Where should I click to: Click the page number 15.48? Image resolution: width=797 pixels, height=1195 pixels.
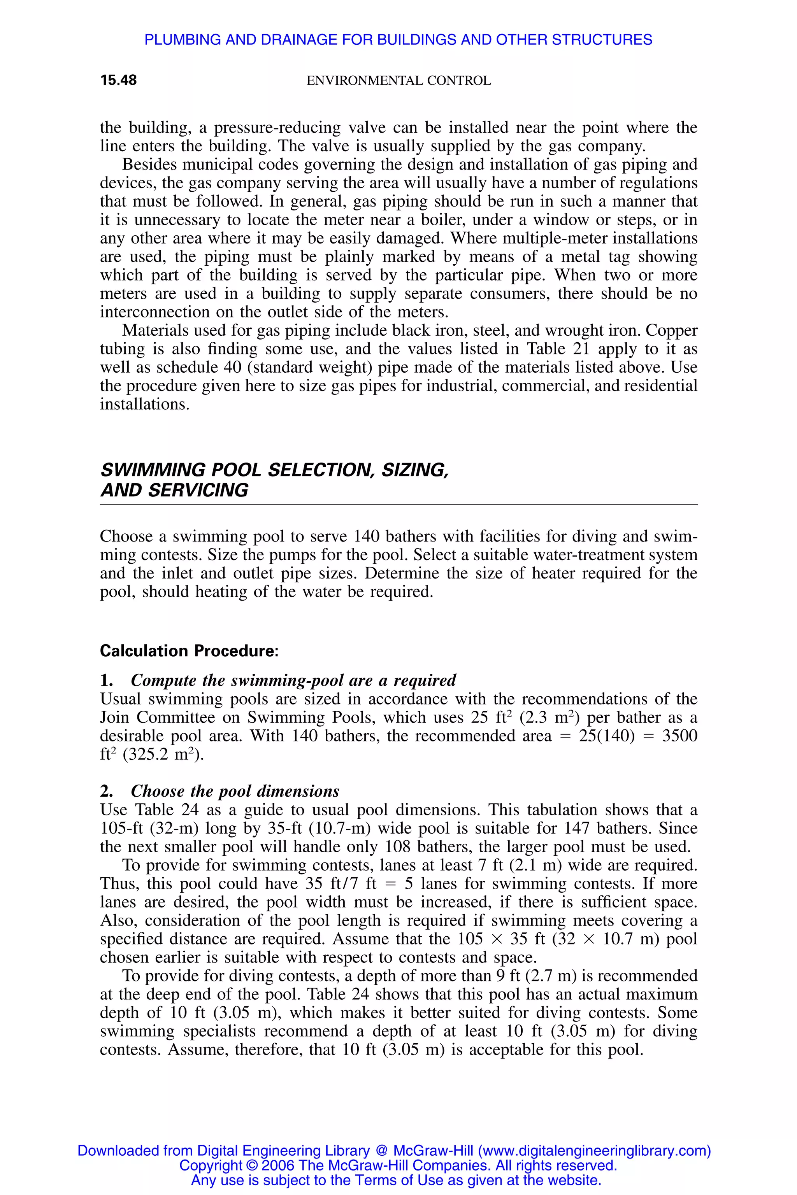(x=118, y=80)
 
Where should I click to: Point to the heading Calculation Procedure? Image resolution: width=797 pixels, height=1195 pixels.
(x=189, y=651)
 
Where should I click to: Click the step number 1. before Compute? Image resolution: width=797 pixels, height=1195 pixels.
(x=106, y=680)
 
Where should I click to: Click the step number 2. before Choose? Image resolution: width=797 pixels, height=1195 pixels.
(x=106, y=791)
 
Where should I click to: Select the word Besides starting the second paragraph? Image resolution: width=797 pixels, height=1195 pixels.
(x=149, y=164)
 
